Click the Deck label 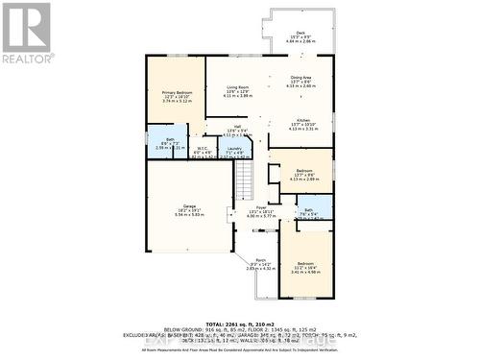pyautogui.click(x=300, y=33)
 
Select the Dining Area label pyautogui.click(x=300, y=77)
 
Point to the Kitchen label pyautogui.click(x=302, y=120)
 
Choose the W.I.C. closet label pyautogui.click(x=202, y=148)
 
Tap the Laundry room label pyautogui.click(x=233, y=149)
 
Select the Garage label pyautogui.click(x=189, y=206)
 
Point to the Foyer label pyautogui.click(x=260, y=206)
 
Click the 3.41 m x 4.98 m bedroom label pyautogui.click(x=304, y=270)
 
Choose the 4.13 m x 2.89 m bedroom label pyautogui.click(x=303, y=179)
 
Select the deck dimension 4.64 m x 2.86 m pyautogui.click(x=300, y=42)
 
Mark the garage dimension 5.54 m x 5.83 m pyautogui.click(x=189, y=215)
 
